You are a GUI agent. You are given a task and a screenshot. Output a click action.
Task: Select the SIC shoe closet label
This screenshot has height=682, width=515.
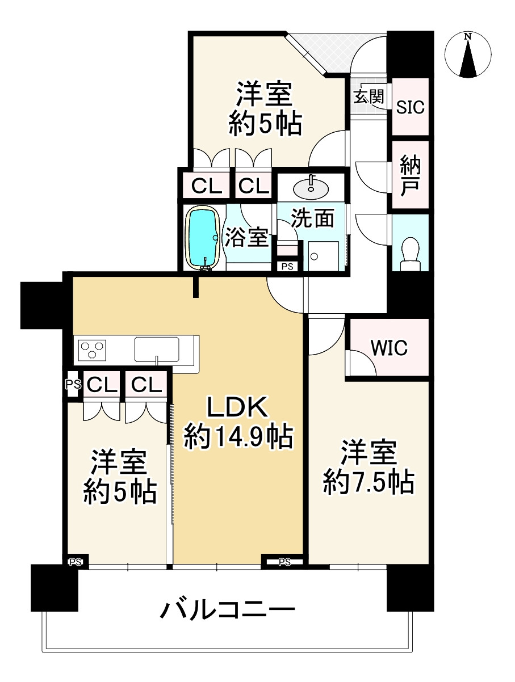[x=410, y=108]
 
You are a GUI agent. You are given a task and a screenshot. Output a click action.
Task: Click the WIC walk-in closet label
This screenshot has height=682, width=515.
[x=389, y=348]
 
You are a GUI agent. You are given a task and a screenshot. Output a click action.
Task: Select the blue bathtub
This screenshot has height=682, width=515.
[x=203, y=237]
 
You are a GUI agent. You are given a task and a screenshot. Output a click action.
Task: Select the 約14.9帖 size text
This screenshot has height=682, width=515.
[x=238, y=437]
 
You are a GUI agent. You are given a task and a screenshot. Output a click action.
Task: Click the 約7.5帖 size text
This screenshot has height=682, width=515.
[x=368, y=482]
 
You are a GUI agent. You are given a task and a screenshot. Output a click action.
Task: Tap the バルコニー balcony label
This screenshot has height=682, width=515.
[x=227, y=611]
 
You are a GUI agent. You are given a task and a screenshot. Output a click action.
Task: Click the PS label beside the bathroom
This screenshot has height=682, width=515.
[x=287, y=265]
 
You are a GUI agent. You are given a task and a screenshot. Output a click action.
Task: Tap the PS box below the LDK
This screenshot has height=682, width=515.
[x=284, y=562]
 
